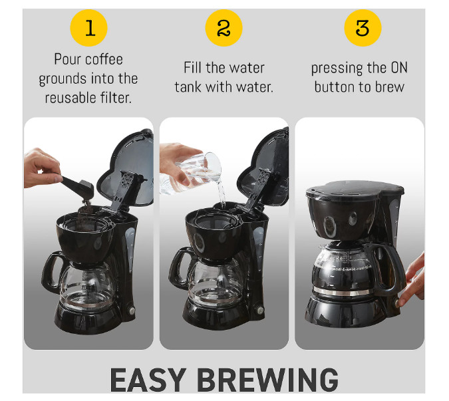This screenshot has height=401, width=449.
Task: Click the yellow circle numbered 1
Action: (90, 28)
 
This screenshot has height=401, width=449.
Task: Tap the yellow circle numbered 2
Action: (224, 28)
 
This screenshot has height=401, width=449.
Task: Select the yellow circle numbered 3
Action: (362, 28)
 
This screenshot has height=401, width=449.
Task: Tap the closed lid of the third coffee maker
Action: (355, 188)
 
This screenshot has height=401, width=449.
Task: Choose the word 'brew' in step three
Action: (388, 87)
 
